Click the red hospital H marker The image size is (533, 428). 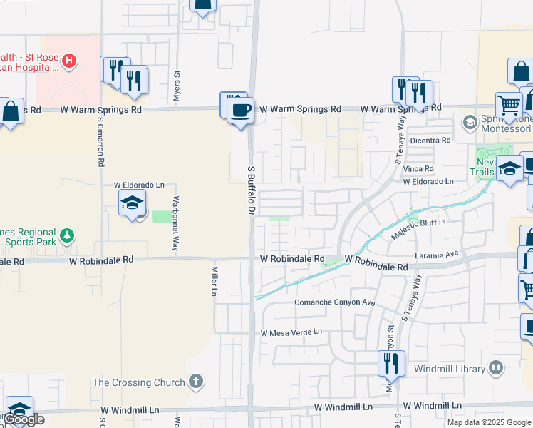click(68, 61)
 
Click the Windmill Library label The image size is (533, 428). click(449, 370)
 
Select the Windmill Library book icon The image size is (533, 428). click(496, 369)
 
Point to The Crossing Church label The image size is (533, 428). click(139, 382)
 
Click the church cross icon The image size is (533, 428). click(196, 382)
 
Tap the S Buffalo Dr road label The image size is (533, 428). click(251, 190)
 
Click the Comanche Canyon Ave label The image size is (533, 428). click(335, 302)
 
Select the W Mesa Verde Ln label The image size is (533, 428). click(291, 332)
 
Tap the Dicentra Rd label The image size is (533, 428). click(430, 141)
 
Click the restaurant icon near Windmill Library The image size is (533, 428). click(391, 364)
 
